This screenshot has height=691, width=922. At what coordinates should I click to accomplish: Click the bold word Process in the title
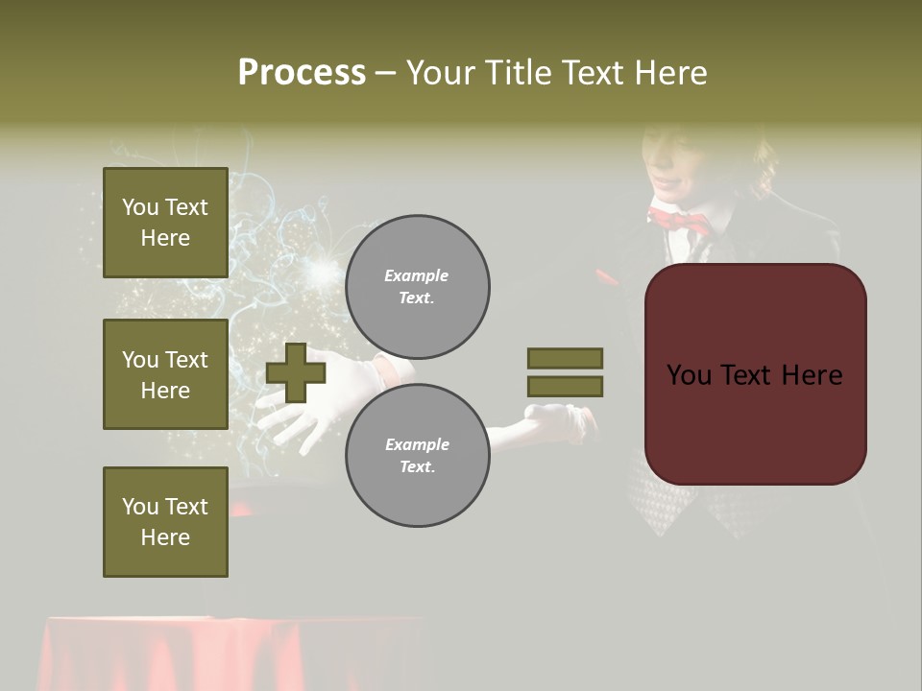tap(302, 73)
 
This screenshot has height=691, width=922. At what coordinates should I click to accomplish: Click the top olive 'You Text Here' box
tap(165, 223)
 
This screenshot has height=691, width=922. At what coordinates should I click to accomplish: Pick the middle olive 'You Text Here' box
tap(165, 374)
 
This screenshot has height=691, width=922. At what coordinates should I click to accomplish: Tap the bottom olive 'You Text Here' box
tap(165, 522)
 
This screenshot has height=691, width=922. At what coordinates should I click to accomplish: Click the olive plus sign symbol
tap(296, 372)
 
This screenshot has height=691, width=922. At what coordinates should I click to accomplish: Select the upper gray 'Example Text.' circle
tap(417, 286)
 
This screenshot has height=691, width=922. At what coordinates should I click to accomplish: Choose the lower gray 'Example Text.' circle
tap(417, 455)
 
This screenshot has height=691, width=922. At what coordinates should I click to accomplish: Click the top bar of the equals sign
tap(565, 358)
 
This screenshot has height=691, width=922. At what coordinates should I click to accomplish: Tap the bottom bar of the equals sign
tap(565, 387)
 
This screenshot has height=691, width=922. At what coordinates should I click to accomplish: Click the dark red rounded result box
tap(755, 374)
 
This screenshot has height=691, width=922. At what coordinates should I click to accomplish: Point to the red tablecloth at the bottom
tap(230, 653)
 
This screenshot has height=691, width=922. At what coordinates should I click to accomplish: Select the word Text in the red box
tap(755, 375)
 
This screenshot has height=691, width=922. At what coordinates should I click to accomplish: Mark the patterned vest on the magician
tap(663, 494)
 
